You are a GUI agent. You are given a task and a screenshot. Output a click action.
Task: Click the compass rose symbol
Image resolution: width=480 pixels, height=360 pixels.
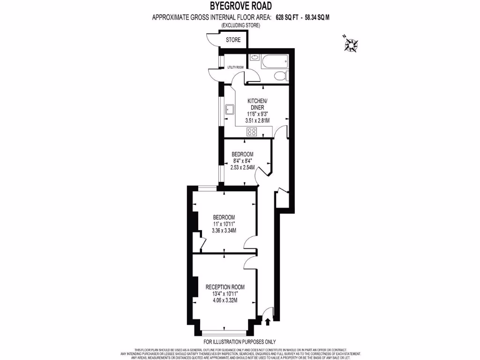point(351,45)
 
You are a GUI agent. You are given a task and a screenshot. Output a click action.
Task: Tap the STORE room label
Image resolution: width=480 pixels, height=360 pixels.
point(233,40)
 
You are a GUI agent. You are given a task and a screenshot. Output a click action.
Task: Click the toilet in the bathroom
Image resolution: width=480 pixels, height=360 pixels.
point(279,76)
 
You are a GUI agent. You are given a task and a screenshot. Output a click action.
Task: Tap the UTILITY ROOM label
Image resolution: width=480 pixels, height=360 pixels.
point(235,67)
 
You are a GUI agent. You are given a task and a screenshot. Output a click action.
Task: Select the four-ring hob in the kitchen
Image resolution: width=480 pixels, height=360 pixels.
point(252,132)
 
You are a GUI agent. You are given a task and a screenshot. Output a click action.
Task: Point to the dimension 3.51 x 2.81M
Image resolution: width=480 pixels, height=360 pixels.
point(257,120)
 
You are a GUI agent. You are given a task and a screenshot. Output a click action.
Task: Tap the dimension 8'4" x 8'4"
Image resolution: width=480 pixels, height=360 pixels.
point(242,161)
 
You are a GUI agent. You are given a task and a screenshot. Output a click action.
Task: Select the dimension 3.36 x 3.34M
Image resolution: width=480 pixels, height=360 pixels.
point(224,231)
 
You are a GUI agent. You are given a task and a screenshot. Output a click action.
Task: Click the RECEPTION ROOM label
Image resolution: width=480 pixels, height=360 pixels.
point(225,287)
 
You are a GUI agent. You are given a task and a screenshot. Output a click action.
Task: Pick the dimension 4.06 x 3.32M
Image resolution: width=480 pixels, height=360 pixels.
point(225,300)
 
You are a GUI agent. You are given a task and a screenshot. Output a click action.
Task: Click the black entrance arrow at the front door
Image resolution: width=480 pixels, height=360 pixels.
point(268,322)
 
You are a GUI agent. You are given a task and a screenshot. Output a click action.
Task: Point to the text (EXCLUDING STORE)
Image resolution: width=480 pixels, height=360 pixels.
point(240,25)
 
